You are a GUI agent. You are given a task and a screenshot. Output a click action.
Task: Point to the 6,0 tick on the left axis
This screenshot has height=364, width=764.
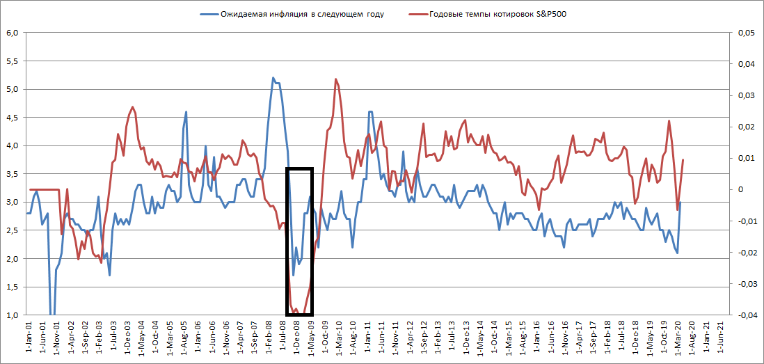(x=12, y=33)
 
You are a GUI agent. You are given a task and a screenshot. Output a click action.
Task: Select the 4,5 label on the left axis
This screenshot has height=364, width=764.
(x=12, y=118)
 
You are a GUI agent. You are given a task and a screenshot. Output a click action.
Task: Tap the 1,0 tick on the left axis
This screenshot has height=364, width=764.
(x=12, y=315)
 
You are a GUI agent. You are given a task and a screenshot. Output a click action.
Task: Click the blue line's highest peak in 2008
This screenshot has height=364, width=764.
(x=273, y=78)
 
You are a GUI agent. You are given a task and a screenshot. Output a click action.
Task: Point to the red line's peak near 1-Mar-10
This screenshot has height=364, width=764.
(x=336, y=79)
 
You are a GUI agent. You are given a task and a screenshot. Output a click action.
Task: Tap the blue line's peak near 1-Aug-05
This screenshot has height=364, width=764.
(x=186, y=111)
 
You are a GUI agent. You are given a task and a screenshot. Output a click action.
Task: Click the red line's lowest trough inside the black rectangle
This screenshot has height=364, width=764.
(x=296, y=311)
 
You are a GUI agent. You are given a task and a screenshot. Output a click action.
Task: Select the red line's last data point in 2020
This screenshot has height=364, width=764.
(x=683, y=160)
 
